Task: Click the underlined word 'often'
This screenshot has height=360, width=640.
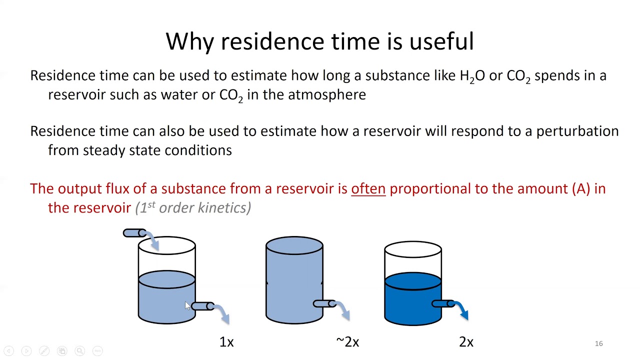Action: click(368, 188)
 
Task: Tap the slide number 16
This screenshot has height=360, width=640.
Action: click(598, 343)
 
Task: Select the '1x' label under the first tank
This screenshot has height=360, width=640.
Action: click(226, 342)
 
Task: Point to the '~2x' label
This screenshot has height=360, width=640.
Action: click(347, 342)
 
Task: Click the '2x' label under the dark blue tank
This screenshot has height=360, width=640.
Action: click(466, 342)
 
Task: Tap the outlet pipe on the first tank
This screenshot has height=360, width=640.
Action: click(202, 306)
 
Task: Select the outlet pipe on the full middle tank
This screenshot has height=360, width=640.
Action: click(324, 303)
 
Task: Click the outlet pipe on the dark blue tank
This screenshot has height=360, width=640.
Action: click(442, 303)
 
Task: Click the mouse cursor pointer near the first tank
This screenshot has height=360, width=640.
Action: click(187, 305)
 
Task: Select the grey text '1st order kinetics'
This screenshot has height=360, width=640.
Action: click(193, 207)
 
